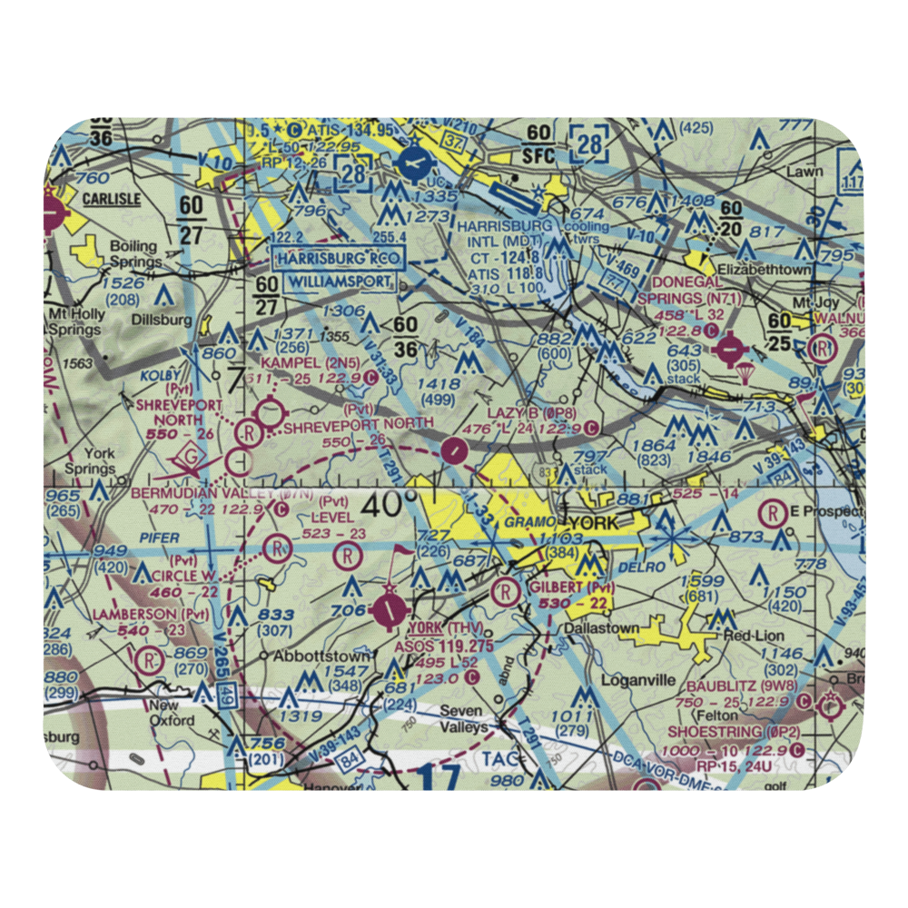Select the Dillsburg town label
pos(163,320)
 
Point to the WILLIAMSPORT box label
pos(340,282)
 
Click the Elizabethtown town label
pos(761,270)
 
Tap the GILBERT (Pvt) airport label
pos(571,587)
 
